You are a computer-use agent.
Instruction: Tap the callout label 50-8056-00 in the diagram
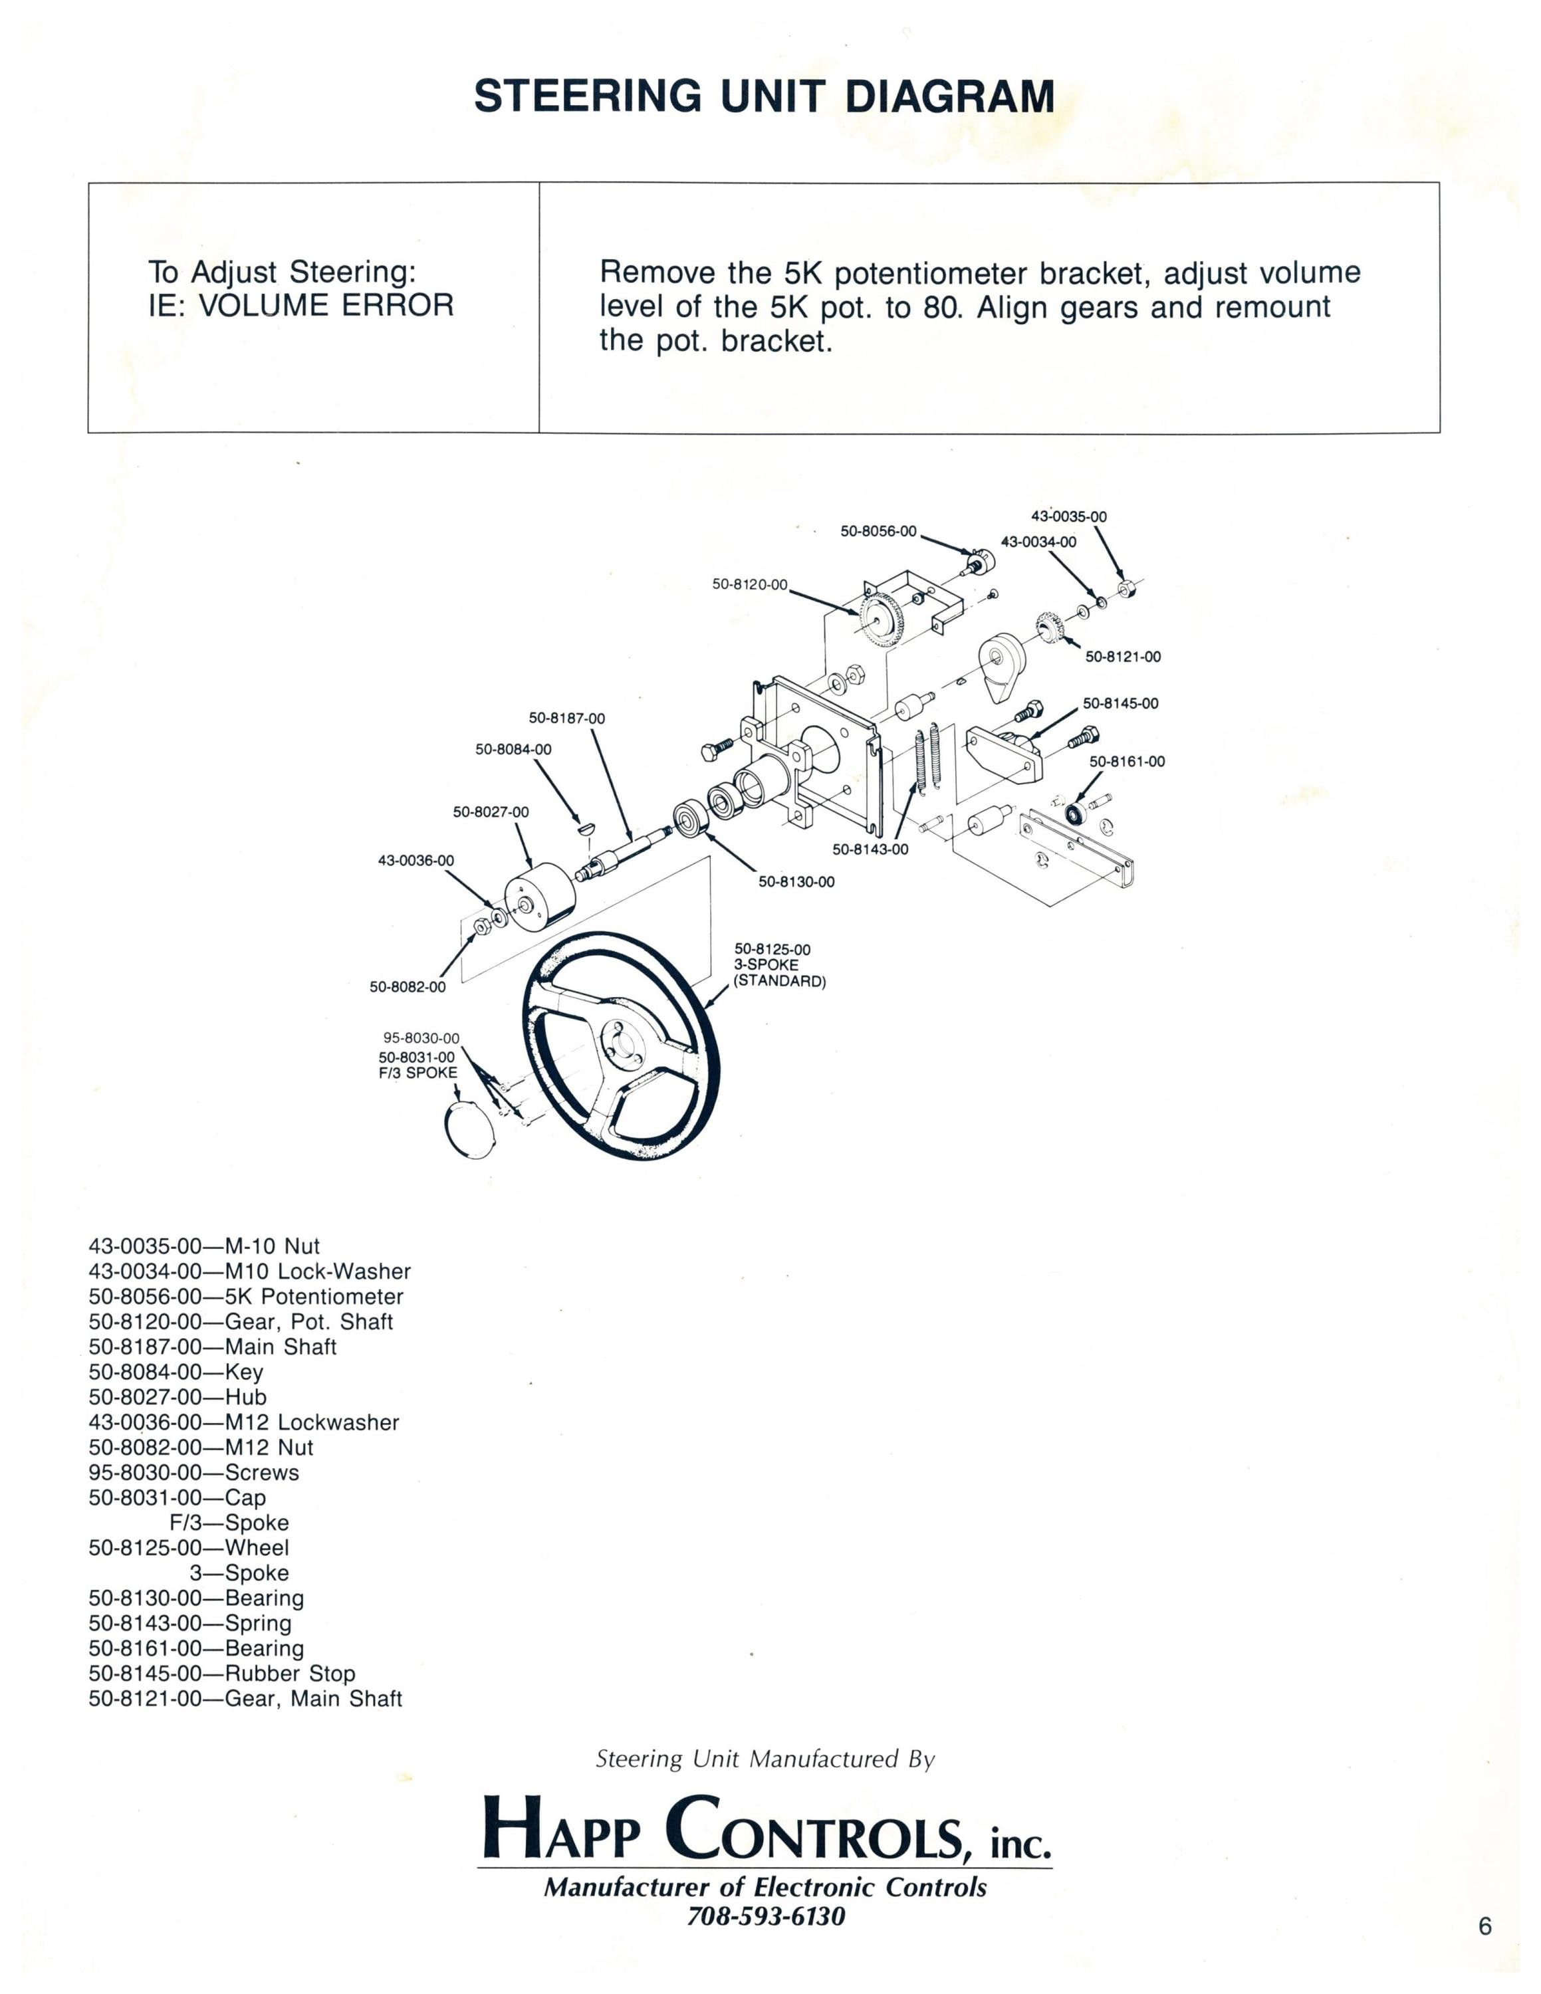878,531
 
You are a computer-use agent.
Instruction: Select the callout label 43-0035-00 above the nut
1069,516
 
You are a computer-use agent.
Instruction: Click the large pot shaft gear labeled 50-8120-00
881,618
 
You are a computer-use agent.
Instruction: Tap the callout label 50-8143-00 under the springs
870,849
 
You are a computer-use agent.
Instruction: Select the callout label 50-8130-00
796,882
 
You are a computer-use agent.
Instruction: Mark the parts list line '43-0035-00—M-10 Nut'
205,1246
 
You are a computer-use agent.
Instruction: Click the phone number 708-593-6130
766,1916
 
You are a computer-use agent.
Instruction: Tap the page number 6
1485,1926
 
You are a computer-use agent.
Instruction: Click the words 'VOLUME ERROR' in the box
326,305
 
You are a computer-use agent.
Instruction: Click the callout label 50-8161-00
1127,762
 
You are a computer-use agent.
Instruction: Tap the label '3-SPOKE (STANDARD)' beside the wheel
780,973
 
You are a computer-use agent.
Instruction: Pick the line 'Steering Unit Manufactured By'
765,1759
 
